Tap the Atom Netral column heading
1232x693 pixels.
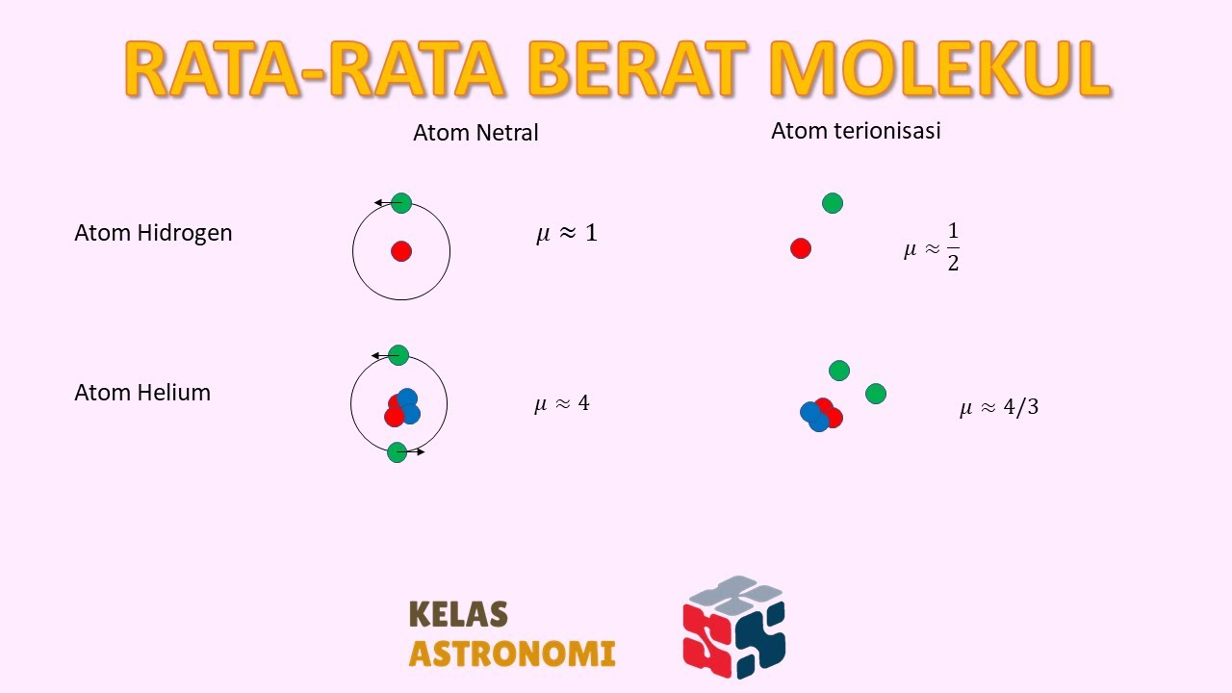pyautogui.click(x=475, y=133)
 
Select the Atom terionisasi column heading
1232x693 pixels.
pyautogui.click(x=856, y=131)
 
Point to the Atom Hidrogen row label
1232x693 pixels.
pyautogui.click(x=153, y=233)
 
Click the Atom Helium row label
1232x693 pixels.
pyautogui.click(x=142, y=393)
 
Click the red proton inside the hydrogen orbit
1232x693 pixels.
pyautogui.click(x=401, y=251)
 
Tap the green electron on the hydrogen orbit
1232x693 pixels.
pyautogui.click(x=401, y=203)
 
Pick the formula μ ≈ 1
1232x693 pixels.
pyautogui.click(x=566, y=233)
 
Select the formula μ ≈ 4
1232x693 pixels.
pyautogui.click(x=562, y=403)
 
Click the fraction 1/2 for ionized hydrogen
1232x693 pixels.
pyautogui.click(x=953, y=248)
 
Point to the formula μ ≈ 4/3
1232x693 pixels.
pyautogui.click(x=999, y=407)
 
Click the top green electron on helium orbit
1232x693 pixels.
pyautogui.click(x=398, y=355)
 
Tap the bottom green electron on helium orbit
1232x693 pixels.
pyautogui.click(x=398, y=451)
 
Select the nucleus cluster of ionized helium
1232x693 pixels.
pyautogui.click(x=821, y=414)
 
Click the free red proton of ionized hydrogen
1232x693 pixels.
pyautogui.click(x=801, y=248)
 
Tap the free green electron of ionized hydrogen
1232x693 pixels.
pyautogui.click(x=833, y=203)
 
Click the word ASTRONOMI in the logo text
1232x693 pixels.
pyautogui.click(x=512, y=654)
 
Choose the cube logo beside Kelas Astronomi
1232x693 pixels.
pyautogui.click(x=734, y=627)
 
